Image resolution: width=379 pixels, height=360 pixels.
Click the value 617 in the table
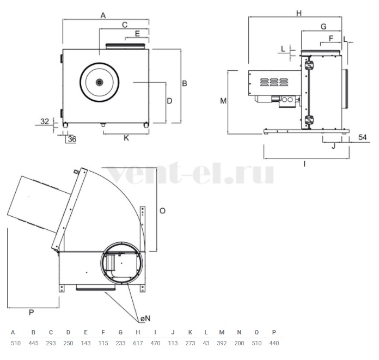point(138,343)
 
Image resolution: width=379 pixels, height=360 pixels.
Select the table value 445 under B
point(33,343)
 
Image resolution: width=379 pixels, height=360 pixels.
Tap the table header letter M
point(222,332)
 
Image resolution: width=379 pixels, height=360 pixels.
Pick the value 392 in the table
point(222,343)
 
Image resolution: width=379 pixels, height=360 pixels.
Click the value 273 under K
point(190,343)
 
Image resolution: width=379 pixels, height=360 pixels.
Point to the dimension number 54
point(362,137)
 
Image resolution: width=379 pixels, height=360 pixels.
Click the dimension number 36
point(72,139)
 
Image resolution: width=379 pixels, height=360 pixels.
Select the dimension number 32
point(45,121)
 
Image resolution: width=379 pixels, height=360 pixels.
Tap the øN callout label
point(145,319)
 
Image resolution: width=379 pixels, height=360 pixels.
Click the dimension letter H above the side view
point(299,13)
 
